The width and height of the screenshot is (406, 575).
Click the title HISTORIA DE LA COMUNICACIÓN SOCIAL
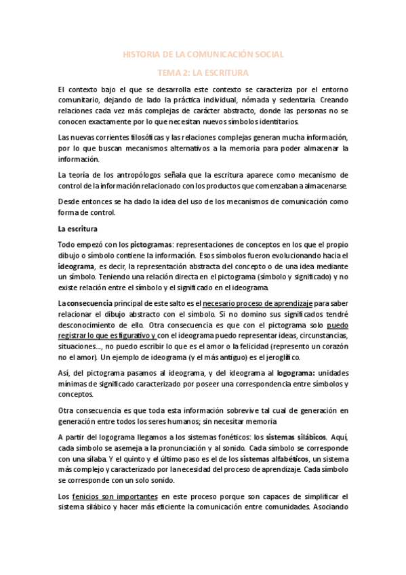coord(203,54)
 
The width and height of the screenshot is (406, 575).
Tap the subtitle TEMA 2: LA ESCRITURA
coord(203,72)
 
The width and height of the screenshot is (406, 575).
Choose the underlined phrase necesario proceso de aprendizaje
coord(257,304)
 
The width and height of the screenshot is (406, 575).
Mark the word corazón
coord(332,346)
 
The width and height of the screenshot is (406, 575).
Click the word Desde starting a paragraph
coord(68,201)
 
